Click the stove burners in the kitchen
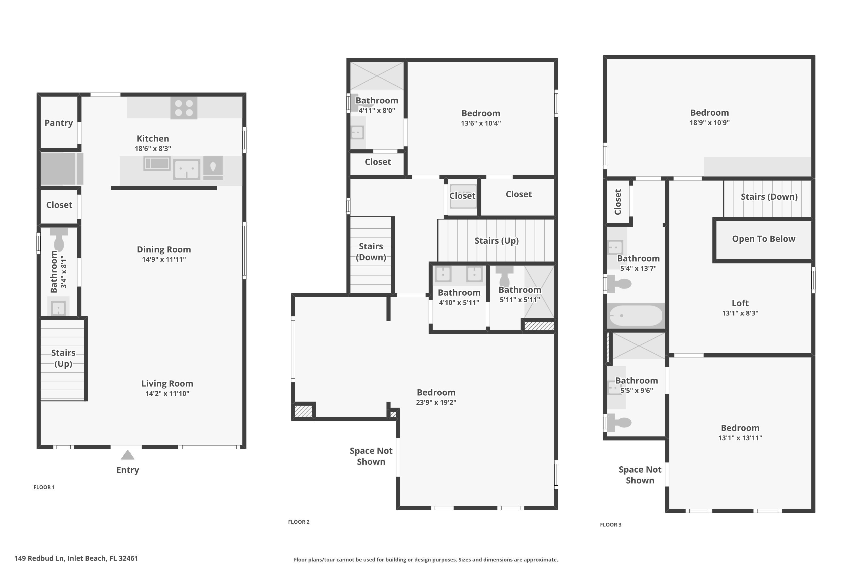pos(184,108)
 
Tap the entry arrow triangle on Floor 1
pos(128,455)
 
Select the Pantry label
pos(59,123)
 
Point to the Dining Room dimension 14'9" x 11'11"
pos(164,259)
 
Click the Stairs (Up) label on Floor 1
pos(63,358)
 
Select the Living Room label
pos(167,383)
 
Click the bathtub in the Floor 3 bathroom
pos(636,316)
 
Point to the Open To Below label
pos(763,239)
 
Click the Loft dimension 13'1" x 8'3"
pos(740,313)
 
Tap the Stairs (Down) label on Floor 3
pos(769,197)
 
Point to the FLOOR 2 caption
pos(298,522)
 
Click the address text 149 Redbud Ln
pos(76,558)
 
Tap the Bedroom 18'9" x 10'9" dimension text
pos(709,123)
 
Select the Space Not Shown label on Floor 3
pos(640,475)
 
